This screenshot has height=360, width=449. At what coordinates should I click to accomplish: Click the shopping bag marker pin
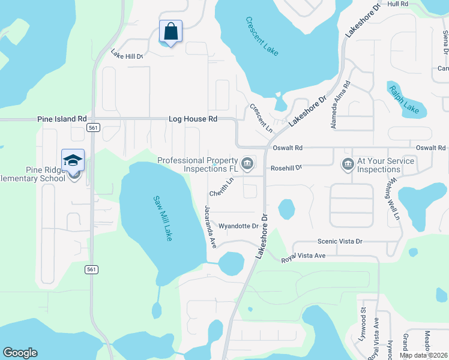(170, 31)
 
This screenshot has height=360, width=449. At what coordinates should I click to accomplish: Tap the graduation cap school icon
(73, 160)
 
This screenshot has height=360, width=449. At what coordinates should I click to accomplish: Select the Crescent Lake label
(262, 36)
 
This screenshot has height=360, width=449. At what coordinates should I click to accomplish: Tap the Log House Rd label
(193, 119)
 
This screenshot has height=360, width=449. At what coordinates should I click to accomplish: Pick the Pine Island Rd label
(62, 119)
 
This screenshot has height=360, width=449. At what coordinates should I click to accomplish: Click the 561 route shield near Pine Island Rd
(92, 128)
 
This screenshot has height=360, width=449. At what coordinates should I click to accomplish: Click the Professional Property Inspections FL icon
(247, 163)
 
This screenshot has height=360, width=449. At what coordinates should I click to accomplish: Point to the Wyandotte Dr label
(238, 226)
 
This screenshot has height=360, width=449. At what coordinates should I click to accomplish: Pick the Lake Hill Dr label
(127, 56)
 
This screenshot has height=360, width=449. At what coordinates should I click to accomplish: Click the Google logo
(20, 353)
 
